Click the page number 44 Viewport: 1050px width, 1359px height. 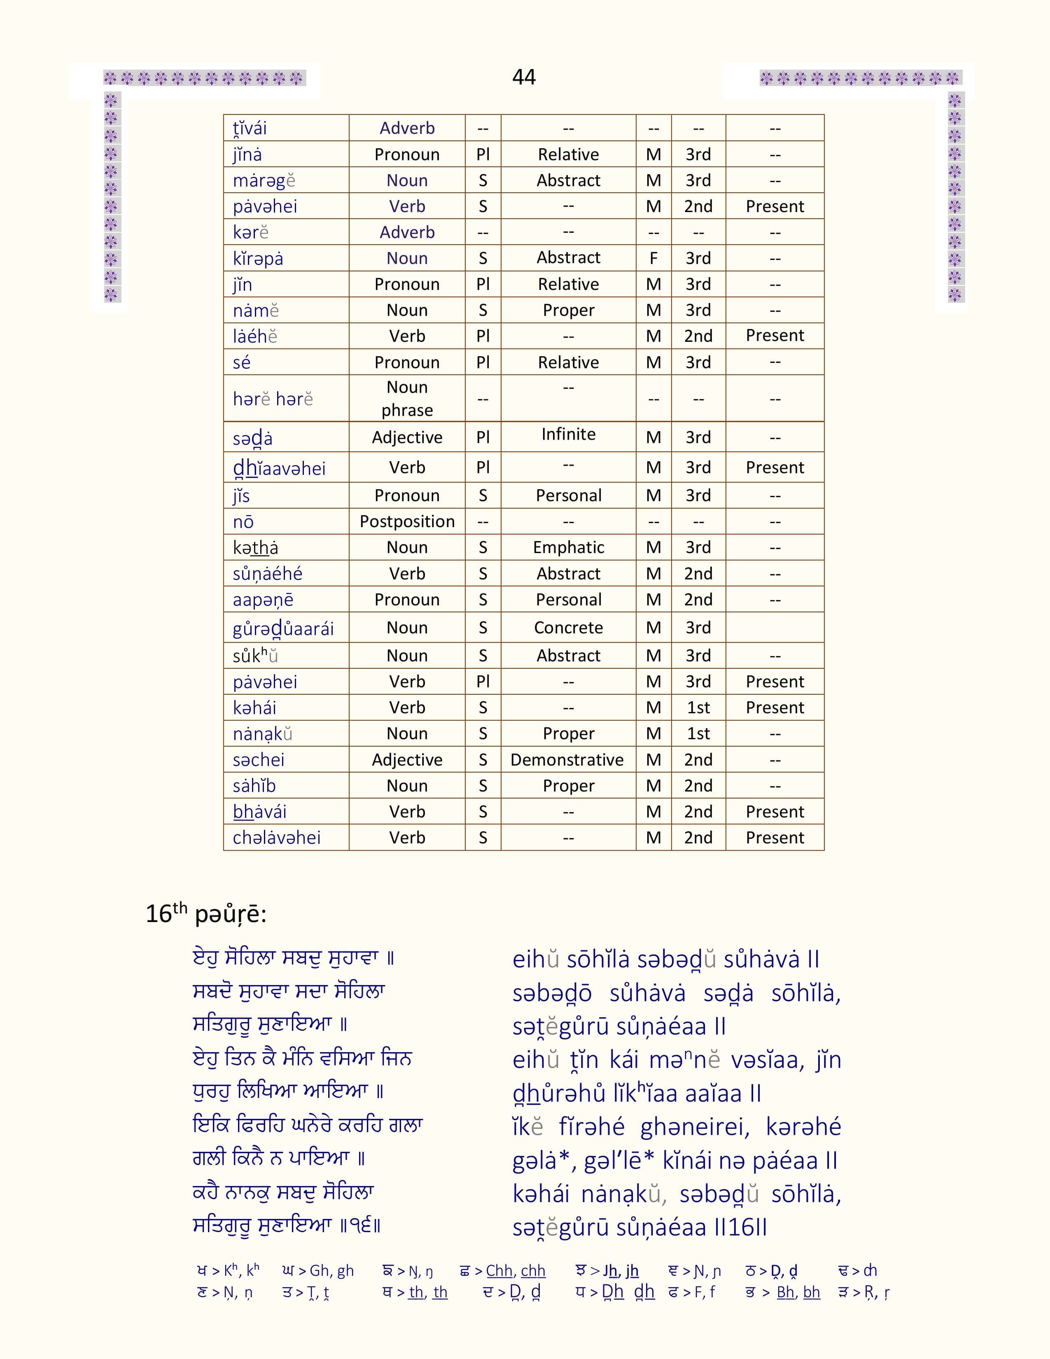pos(524,77)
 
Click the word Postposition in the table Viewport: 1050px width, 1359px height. pos(407,521)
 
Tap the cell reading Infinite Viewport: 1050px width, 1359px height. pos(568,434)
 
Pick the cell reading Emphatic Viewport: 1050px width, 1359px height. pos(568,548)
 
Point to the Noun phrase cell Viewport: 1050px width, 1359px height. pos(407,398)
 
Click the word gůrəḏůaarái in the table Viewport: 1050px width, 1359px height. pos(283,628)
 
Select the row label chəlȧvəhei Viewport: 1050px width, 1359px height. pos(276,838)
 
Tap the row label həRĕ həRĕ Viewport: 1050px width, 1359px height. pos(273,399)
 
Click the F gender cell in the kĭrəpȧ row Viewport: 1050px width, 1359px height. pos(653,258)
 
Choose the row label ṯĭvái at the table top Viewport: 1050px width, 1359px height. pos(250,128)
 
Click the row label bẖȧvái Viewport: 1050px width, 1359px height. pos(259,812)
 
